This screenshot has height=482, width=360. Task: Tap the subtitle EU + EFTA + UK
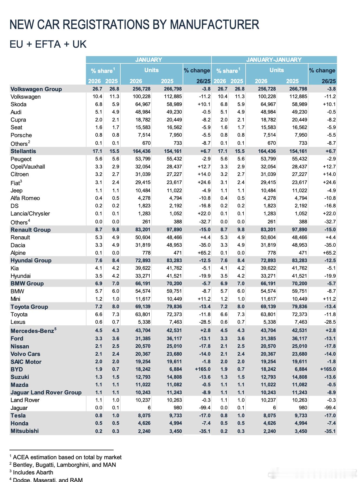point(48,44)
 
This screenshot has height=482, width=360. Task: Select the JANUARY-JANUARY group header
point(274,60)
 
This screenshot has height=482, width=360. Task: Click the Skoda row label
point(18,104)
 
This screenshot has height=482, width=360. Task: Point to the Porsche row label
point(21,135)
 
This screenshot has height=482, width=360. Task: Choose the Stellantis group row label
point(23,151)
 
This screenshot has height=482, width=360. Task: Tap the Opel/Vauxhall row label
point(28,167)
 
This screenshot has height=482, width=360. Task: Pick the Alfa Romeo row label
point(25,198)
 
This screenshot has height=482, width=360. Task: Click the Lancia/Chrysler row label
point(30,214)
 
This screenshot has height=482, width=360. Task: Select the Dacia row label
point(18,245)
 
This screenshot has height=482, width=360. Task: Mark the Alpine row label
point(18,253)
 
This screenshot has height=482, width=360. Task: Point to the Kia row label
point(15,268)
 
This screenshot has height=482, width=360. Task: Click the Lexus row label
point(18,322)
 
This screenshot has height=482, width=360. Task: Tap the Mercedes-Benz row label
point(32,331)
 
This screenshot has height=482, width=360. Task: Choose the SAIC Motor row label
point(26,362)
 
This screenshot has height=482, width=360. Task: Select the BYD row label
point(17,369)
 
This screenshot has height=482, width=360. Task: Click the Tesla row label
point(18,416)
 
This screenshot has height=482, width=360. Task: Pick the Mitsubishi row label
point(25,431)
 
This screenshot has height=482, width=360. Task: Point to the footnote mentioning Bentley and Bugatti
point(64,465)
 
